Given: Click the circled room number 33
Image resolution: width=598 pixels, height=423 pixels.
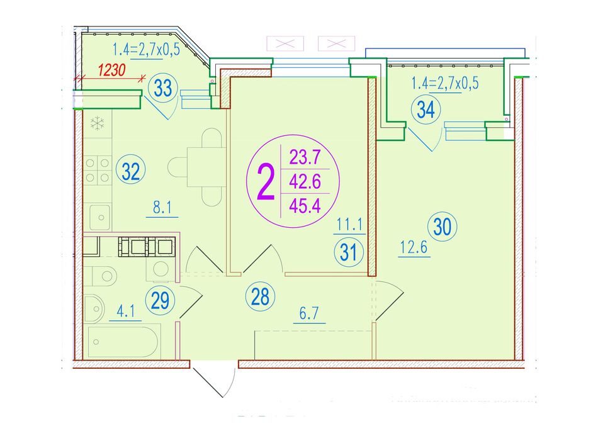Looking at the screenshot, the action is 163,89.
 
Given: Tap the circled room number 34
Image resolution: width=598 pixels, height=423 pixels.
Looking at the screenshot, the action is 426,110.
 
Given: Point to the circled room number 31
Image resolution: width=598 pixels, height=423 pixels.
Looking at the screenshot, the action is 349,252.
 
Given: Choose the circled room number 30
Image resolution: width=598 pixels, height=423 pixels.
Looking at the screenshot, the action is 443,227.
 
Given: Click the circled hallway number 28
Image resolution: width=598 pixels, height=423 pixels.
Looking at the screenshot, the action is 260,296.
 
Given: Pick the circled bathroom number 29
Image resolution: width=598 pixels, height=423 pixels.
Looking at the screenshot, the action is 160,300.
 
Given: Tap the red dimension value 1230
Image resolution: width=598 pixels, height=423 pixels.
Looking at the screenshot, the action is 112,70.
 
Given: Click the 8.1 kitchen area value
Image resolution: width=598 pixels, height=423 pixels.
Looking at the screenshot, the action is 162,208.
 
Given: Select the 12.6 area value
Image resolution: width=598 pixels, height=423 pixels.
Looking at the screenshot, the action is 414,248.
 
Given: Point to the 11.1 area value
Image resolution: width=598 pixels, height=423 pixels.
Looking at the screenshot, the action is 349,225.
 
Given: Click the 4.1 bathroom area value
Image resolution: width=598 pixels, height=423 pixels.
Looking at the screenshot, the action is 125,312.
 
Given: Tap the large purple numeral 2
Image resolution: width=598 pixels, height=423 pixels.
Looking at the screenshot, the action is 266,181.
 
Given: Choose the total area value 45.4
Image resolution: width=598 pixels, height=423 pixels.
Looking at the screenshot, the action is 305,206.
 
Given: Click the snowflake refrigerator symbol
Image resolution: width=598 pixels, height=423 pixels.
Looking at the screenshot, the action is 97,123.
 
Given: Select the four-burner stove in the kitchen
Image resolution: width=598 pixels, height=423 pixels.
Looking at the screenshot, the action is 97,171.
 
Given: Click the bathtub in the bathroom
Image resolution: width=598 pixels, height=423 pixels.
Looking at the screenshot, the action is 122,341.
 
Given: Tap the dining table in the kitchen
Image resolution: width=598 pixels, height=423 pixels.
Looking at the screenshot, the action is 206,167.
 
